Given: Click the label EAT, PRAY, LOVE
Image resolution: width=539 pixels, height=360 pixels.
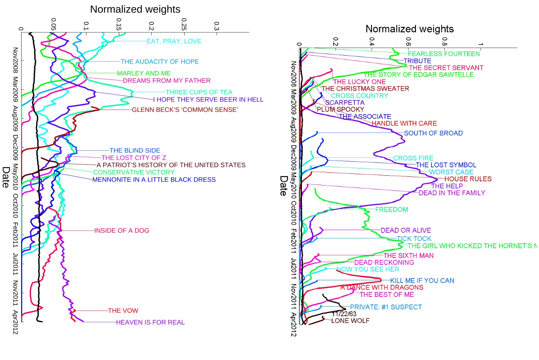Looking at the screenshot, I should click(174, 41).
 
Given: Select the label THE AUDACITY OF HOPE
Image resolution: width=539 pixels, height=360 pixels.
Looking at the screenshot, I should click(160, 62).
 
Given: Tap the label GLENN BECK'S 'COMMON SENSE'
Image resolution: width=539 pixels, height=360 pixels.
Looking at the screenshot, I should click(185, 110).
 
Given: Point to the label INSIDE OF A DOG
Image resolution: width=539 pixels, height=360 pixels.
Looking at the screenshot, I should click(122, 230).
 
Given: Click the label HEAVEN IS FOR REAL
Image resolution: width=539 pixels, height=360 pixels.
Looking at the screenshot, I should click(150, 322).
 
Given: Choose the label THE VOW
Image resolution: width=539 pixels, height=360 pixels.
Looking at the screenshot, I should click(123, 311).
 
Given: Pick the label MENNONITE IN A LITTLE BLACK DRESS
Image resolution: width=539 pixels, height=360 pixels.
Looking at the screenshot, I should click(154, 179).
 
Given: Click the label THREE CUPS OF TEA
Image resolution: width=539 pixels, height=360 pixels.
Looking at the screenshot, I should click(199, 92).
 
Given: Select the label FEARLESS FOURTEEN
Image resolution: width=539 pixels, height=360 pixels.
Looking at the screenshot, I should click(444, 54).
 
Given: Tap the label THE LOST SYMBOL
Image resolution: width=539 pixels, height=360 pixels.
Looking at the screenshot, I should click(446, 165).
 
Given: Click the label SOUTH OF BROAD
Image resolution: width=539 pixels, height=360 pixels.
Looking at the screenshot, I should click(433, 133).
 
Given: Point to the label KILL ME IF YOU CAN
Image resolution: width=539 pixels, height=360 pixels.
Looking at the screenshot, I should click(422, 280).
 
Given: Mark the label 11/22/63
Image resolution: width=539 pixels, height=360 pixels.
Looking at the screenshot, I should click(344, 314).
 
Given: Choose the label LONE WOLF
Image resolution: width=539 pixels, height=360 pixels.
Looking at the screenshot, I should click(350, 321).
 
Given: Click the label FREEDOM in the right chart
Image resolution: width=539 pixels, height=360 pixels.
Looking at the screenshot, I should click(391, 209).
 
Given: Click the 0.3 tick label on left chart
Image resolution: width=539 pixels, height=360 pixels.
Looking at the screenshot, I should click(216, 26).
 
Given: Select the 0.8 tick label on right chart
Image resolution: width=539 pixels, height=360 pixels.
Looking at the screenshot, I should click(444, 41).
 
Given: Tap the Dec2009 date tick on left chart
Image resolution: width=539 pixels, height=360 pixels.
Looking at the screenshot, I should click(15, 147).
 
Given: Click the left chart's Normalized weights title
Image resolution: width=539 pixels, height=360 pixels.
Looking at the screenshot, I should click(135, 9).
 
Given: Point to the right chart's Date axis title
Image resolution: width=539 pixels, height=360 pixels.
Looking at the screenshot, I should click(283, 185).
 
